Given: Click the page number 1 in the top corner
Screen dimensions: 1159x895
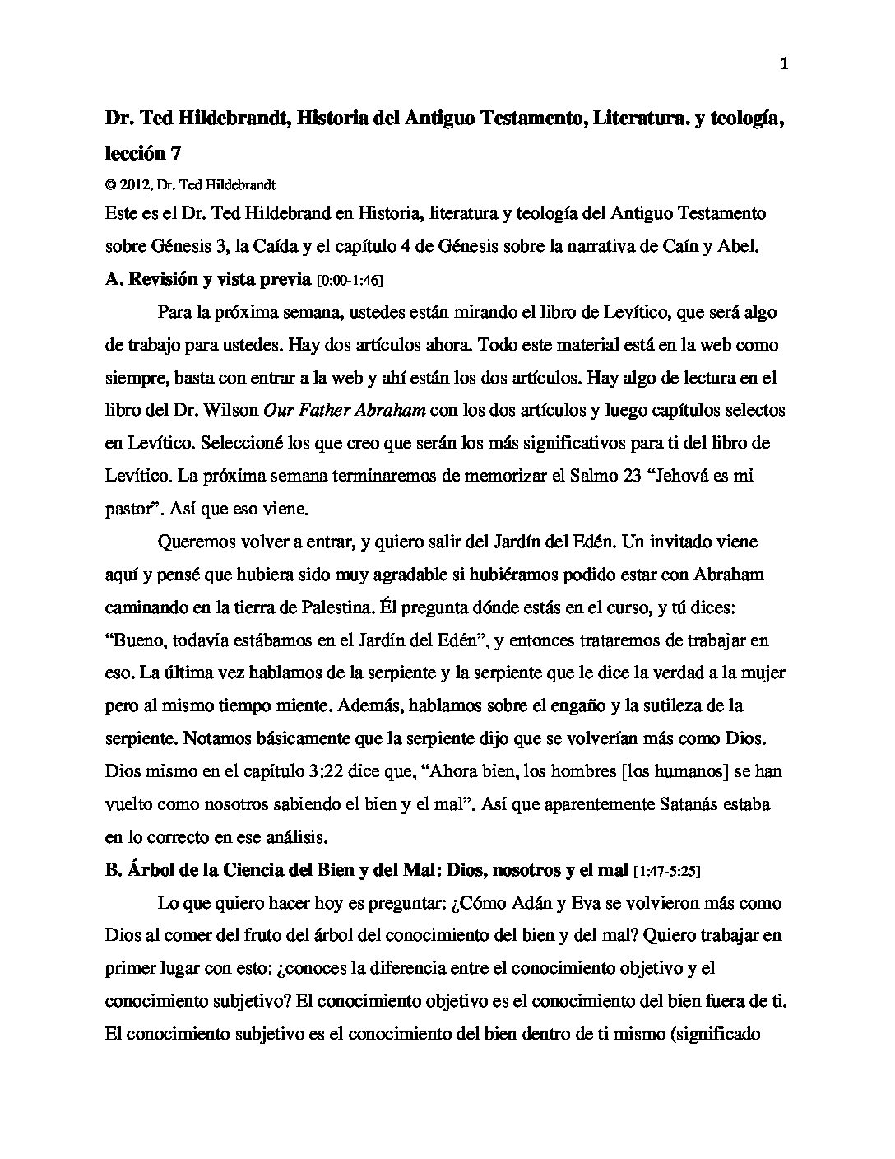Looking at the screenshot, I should pos(784,65).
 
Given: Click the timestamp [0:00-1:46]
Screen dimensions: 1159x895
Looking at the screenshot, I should pos(350,281).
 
